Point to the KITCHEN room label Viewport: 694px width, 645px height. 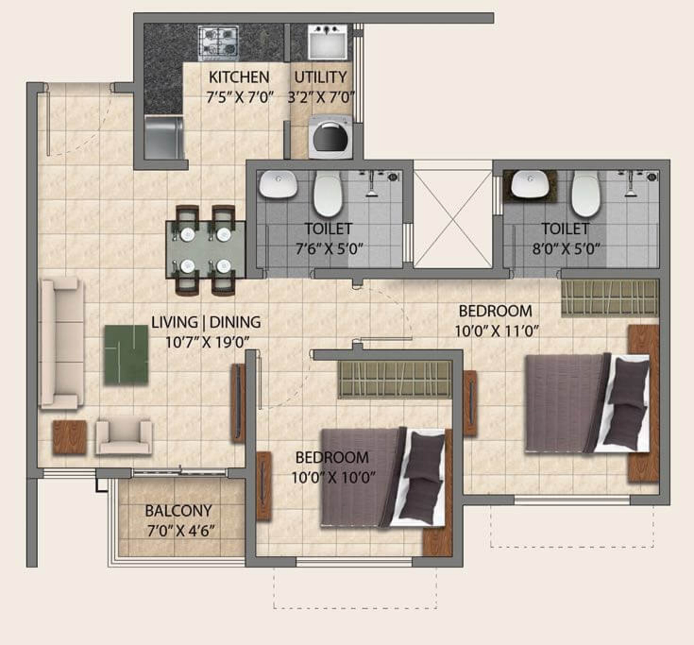tap(239, 77)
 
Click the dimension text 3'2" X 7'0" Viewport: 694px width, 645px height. tap(321, 97)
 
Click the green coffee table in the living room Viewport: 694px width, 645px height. tap(126, 355)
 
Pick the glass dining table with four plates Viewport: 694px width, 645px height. tap(205, 250)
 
